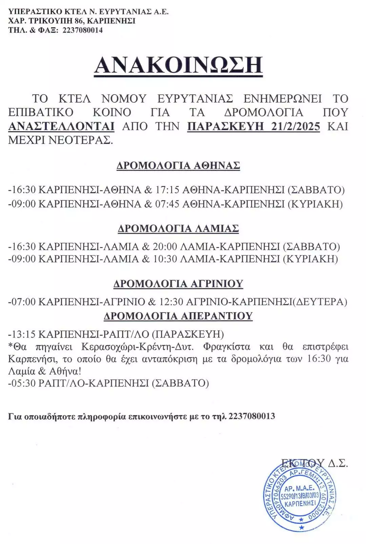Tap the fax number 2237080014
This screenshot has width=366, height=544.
pyautogui.click(x=83, y=30)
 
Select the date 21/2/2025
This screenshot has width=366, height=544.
pyautogui.click(x=296, y=126)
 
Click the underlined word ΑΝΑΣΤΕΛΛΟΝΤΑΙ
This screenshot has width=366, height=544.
pyautogui.click(x=61, y=126)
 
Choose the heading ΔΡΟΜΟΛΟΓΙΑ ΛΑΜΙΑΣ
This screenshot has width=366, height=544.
pyautogui.click(x=178, y=228)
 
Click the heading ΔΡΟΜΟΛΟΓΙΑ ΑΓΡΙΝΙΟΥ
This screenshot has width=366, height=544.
pyautogui.click(x=178, y=283)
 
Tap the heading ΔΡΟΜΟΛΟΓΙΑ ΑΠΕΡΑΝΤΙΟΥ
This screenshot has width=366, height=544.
pyautogui.click(x=178, y=316)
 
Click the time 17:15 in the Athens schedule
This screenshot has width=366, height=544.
pyautogui.click(x=167, y=189)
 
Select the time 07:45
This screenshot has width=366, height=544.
pyautogui.click(x=167, y=204)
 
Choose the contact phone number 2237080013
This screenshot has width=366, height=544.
pyautogui.click(x=252, y=416)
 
